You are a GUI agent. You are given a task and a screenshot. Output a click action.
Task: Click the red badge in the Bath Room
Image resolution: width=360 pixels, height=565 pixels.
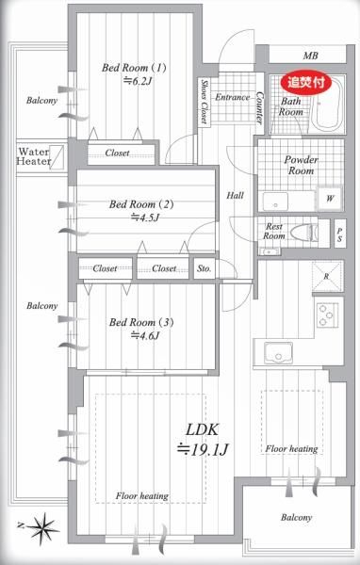306,83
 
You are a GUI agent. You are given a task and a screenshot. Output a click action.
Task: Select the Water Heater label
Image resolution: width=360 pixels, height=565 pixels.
34,156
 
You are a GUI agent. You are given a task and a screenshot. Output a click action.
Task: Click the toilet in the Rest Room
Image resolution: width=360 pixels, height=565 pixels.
303,234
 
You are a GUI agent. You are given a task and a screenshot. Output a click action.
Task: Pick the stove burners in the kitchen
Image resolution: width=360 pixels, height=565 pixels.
328,315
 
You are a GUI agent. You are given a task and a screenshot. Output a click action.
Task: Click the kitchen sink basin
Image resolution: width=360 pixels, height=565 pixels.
278,353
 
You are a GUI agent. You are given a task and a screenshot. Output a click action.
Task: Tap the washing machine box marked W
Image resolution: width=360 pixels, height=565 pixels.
330,199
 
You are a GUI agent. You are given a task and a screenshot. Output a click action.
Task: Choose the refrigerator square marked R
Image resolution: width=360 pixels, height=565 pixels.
327,276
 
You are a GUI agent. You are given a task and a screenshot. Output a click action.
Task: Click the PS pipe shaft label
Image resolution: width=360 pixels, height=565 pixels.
340,234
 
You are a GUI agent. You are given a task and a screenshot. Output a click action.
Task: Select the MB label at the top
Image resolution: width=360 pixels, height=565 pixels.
310,56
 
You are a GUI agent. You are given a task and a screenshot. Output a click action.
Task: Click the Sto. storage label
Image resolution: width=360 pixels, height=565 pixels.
205,268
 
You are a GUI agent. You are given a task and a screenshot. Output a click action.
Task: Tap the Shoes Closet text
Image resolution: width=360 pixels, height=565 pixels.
205,102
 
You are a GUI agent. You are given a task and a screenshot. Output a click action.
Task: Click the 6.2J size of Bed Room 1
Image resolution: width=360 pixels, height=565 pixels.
138,81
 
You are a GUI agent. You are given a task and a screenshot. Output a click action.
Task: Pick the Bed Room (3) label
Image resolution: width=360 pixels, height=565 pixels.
141,322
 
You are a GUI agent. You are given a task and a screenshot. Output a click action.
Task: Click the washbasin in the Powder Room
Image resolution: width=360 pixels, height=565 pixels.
275,202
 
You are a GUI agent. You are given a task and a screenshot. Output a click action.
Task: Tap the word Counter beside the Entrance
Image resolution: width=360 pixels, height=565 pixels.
259,107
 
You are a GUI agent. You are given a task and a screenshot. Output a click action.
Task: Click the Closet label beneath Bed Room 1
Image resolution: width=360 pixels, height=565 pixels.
117,153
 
